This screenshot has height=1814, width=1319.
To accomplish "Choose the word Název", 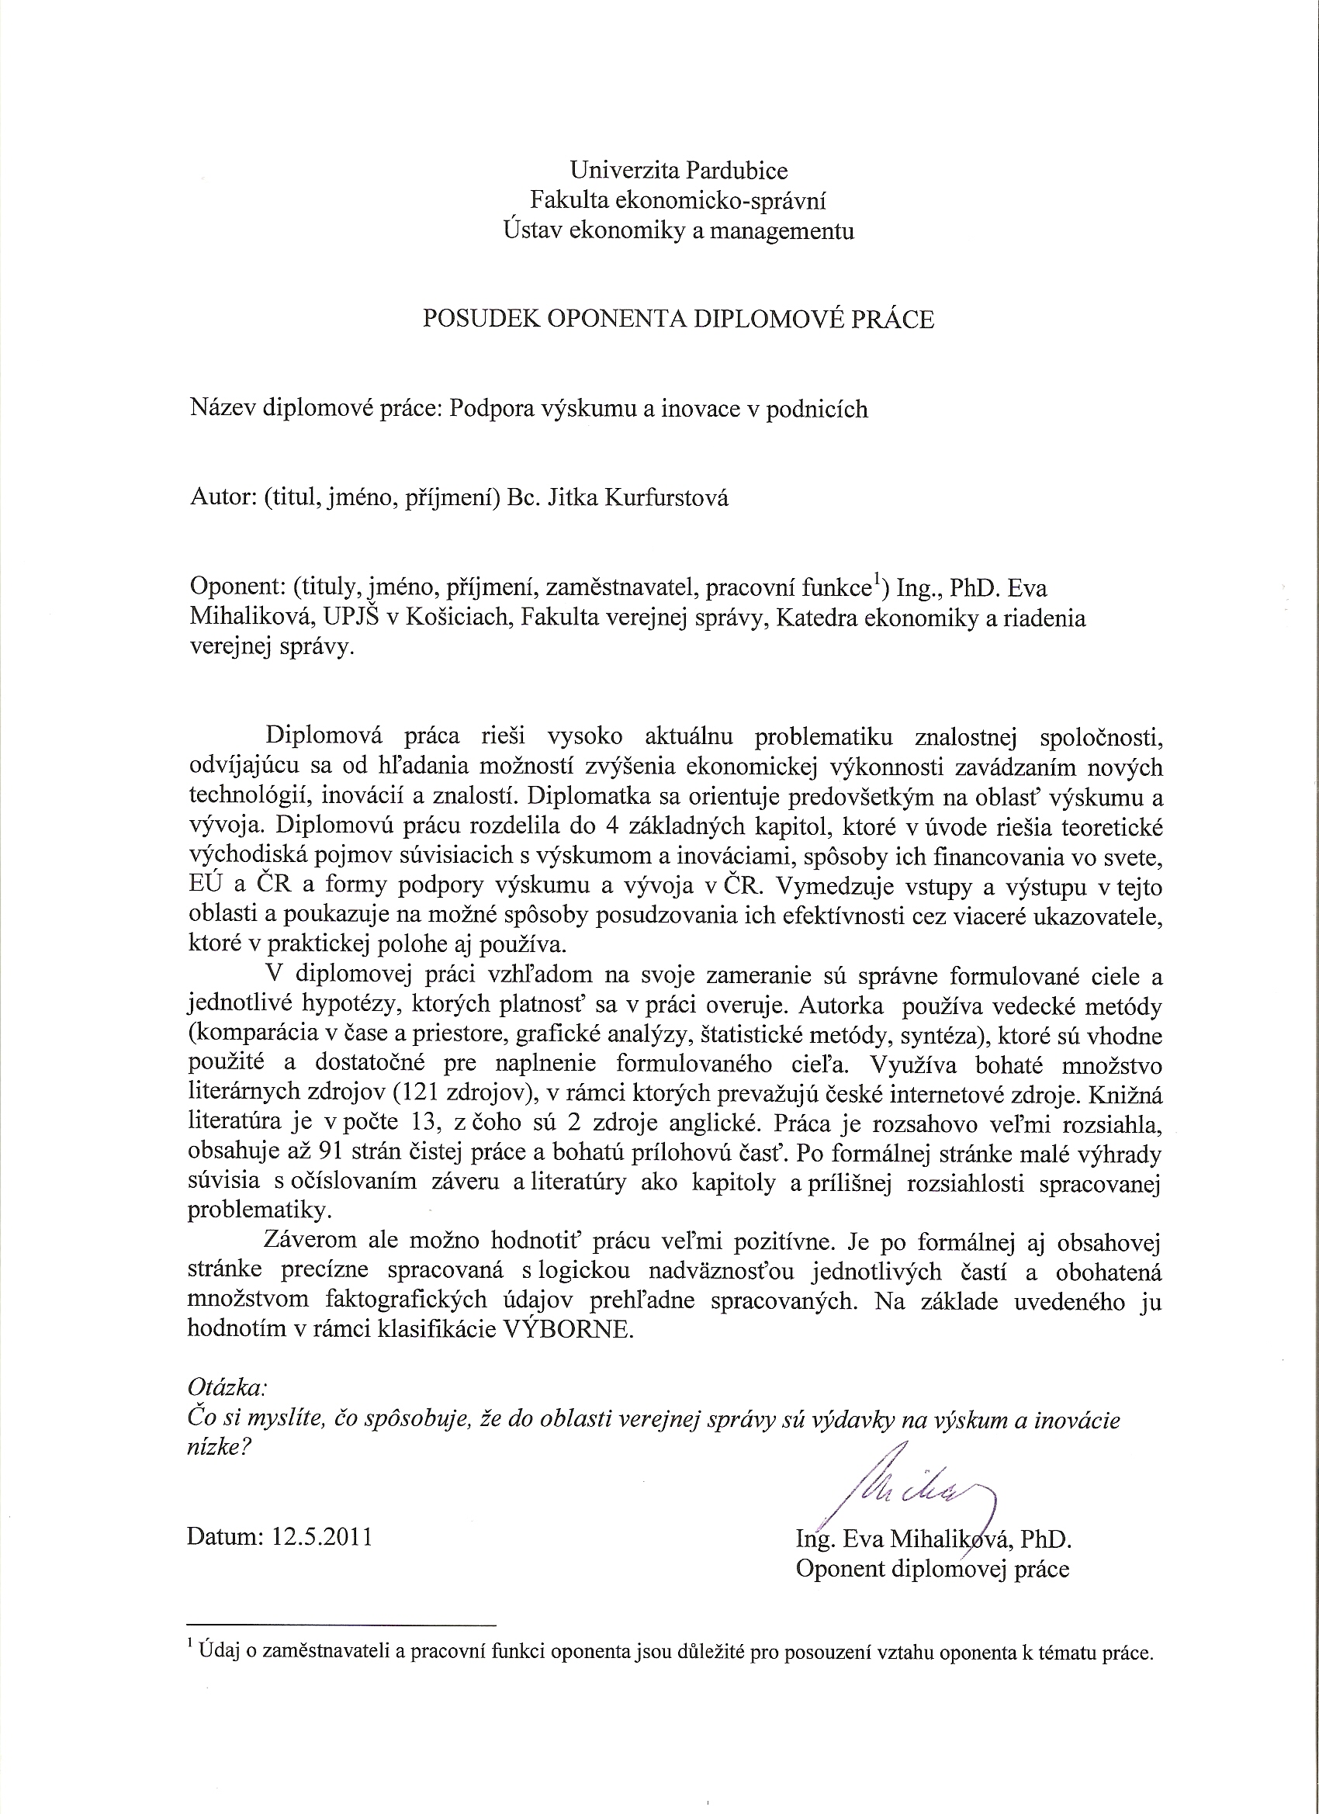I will [223, 409].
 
